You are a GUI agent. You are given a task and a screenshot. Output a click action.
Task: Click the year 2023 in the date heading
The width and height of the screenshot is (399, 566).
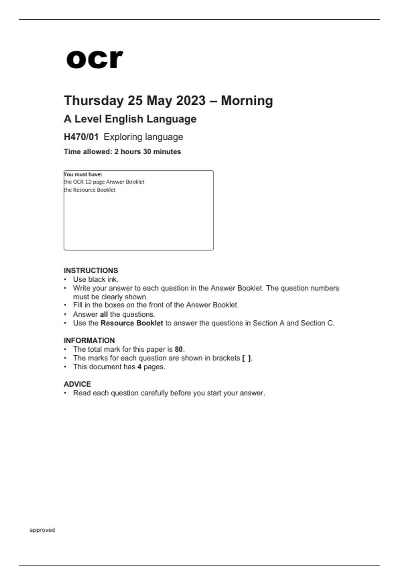click(191, 101)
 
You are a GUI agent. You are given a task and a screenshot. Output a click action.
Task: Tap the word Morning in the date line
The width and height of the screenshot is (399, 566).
click(247, 101)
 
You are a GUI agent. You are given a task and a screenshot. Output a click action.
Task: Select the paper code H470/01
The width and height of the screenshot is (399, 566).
click(81, 137)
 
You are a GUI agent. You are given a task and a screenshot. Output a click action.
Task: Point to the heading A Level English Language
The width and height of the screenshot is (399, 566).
click(130, 119)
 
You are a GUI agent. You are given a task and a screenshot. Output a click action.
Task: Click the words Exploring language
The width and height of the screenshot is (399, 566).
click(143, 137)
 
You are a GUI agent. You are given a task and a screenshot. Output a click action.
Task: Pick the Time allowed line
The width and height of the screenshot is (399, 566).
click(122, 151)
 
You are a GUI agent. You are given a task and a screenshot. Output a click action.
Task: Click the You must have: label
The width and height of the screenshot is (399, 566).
click(83, 174)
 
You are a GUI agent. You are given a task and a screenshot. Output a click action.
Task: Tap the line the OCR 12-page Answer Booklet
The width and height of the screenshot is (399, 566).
click(104, 182)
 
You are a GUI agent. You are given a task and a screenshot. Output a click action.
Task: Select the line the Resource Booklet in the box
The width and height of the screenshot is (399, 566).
click(90, 190)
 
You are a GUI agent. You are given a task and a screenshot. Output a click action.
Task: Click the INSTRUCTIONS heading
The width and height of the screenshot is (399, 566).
click(91, 270)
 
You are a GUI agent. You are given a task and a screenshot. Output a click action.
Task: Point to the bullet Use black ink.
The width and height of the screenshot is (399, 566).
click(96, 279)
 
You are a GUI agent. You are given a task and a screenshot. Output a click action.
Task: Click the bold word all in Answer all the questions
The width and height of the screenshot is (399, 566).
click(104, 314)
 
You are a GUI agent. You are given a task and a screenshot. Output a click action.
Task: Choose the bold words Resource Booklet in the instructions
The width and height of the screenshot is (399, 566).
click(132, 323)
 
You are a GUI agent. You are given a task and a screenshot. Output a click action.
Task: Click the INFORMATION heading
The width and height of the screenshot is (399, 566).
click(89, 340)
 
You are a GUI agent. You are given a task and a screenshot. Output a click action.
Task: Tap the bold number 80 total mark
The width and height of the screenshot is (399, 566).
click(179, 349)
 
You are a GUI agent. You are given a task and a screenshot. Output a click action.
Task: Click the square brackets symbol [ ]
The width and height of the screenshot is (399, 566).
click(247, 358)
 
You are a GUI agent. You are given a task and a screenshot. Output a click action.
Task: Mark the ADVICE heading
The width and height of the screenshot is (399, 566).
click(77, 384)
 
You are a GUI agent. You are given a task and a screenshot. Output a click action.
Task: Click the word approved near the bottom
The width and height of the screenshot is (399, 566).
click(42, 530)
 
